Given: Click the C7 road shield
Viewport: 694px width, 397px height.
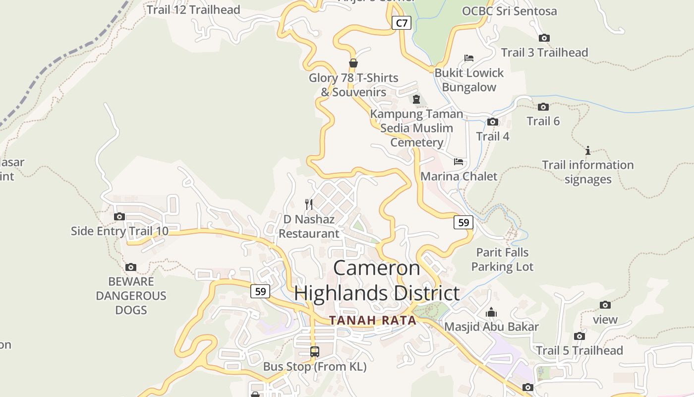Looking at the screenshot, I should click(402, 22).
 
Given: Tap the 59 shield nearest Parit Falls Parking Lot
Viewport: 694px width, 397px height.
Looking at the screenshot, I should click(463, 222).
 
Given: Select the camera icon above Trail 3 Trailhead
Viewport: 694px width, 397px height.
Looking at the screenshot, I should click(544, 38).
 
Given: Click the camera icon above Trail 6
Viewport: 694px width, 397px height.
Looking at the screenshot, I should click(543, 107).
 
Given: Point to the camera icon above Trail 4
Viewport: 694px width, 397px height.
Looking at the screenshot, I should click(492, 122).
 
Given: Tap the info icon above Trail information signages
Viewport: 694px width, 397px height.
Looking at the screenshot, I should click(588, 150).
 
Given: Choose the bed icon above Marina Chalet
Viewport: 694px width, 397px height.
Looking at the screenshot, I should click(459, 162).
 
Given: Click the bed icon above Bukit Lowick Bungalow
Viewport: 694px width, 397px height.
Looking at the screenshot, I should click(469, 58).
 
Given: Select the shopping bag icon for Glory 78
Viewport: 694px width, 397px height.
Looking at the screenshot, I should click(353, 63).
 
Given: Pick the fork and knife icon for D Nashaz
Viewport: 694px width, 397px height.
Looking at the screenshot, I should click(309, 204).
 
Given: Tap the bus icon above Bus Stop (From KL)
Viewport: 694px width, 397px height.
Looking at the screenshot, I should click(315, 352).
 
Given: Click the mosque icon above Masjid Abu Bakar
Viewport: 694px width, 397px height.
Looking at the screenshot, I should click(491, 312).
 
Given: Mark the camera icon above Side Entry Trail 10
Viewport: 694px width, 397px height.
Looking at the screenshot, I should click(119, 216).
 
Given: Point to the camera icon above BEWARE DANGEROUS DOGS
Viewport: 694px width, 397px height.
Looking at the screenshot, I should click(131, 267).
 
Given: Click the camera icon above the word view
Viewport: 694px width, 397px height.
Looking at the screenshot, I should click(605, 305).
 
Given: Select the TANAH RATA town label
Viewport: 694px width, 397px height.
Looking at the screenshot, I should click(373, 321).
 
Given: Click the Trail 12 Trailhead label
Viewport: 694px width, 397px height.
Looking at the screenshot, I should click(193, 9).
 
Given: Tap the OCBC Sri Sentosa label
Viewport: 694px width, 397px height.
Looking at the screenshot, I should click(509, 11).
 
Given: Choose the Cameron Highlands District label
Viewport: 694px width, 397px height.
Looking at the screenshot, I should click(377, 281).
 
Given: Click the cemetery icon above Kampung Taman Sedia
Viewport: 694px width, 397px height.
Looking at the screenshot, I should click(416, 99).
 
